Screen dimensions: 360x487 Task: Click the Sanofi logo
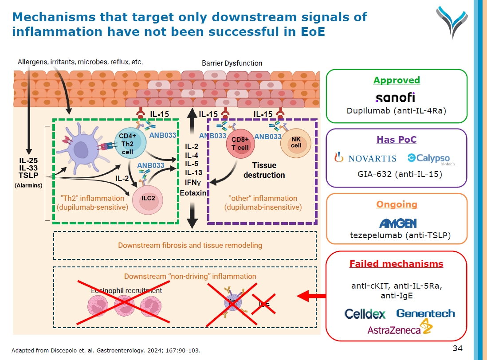click(x=395, y=97)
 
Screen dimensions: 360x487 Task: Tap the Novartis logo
click(x=366, y=158)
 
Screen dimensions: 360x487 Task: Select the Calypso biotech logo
click(x=428, y=159)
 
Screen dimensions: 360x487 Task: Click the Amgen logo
click(x=397, y=223)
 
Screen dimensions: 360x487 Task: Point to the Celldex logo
click(x=365, y=314)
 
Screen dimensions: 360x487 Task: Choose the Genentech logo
click(x=425, y=313)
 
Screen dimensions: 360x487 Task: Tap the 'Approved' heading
click(x=397, y=80)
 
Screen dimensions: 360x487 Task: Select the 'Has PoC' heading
click(x=397, y=140)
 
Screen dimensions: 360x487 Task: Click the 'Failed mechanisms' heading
click(x=396, y=264)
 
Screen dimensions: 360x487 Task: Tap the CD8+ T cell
click(x=240, y=144)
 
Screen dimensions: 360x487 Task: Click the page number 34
click(x=457, y=347)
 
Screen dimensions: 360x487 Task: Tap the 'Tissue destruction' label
click(x=264, y=170)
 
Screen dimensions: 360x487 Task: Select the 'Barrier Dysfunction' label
click(x=232, y=63)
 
